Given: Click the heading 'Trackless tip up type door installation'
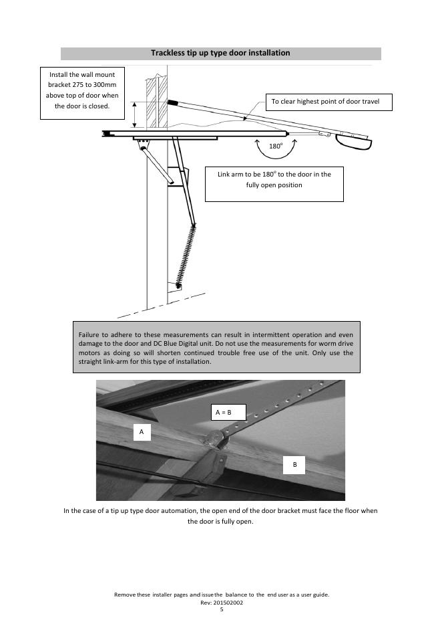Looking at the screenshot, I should (220, 53).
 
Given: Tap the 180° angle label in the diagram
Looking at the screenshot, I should (275, 146).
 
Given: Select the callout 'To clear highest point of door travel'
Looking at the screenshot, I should (328, 102).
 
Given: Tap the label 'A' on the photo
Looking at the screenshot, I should (142, 432).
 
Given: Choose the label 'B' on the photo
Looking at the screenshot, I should (294, 464).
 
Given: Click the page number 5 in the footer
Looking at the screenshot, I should (221, 609).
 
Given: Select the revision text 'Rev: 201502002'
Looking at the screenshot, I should (221, 602).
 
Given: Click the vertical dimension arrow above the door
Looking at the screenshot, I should (134, 115).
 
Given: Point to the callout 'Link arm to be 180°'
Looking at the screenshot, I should (274, 179).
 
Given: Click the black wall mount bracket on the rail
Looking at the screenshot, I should (173, 103).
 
